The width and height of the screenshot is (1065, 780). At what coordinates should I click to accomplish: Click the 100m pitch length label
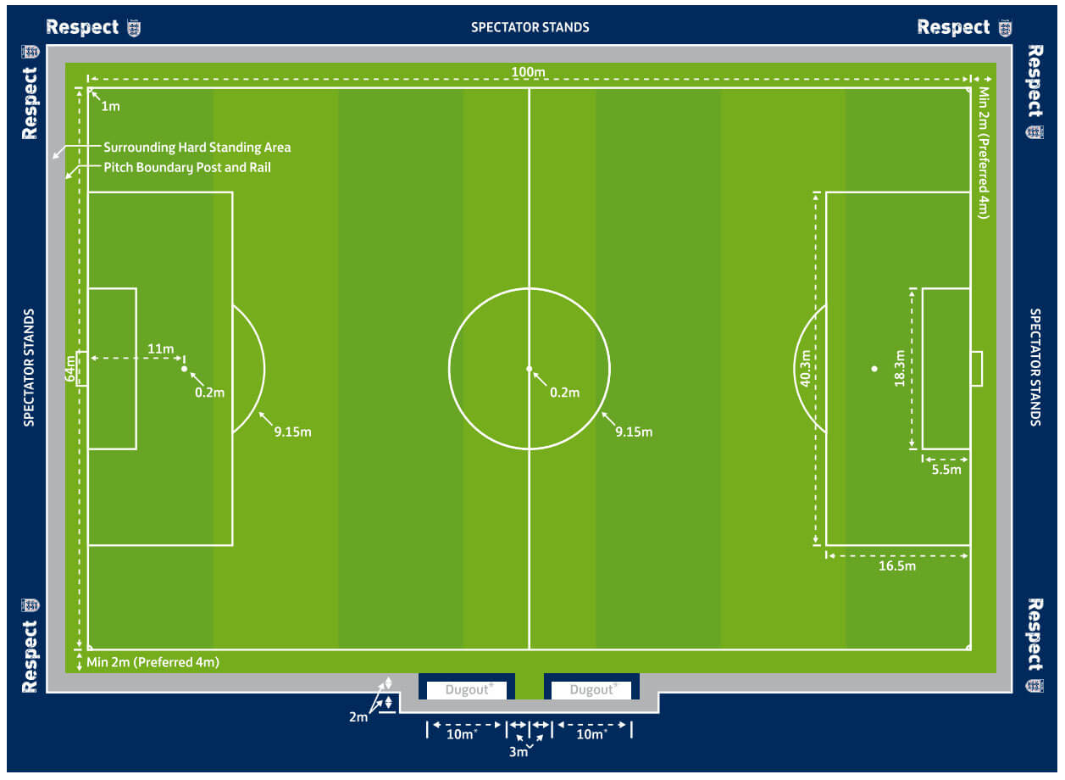point(528,72)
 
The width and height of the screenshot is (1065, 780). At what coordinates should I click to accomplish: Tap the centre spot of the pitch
point(530,369)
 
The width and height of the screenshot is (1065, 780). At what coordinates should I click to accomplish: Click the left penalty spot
point(185,369)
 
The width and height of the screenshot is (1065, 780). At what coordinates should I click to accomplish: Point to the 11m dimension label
point(161,348)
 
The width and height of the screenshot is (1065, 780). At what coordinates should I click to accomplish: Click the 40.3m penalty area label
point(805,368)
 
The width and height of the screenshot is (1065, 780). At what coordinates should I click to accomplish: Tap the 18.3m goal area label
point(900,368)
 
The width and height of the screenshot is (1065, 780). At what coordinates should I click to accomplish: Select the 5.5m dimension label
point(946,470)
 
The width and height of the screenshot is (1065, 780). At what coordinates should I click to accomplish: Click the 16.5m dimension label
point(896,565)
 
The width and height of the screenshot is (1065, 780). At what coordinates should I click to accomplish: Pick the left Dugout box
point(466,689)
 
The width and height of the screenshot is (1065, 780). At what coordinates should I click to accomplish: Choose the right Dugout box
point(591,689)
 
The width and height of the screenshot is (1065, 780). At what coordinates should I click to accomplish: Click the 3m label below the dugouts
point(519,751)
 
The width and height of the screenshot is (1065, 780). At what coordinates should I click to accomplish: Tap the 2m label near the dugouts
point(358,716)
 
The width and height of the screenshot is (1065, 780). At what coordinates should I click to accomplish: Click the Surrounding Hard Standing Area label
point(197,148)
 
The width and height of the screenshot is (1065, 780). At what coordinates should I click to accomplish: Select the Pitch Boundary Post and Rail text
point(187,168)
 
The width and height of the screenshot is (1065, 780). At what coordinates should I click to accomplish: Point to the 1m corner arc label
point(110,106)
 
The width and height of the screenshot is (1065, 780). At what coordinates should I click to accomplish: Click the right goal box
point(976,369)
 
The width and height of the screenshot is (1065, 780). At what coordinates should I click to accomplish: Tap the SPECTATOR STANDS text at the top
point(530,28)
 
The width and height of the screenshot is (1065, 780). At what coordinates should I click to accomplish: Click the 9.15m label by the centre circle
point(634,432)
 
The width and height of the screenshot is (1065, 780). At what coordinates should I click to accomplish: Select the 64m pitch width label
point(69,368)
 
